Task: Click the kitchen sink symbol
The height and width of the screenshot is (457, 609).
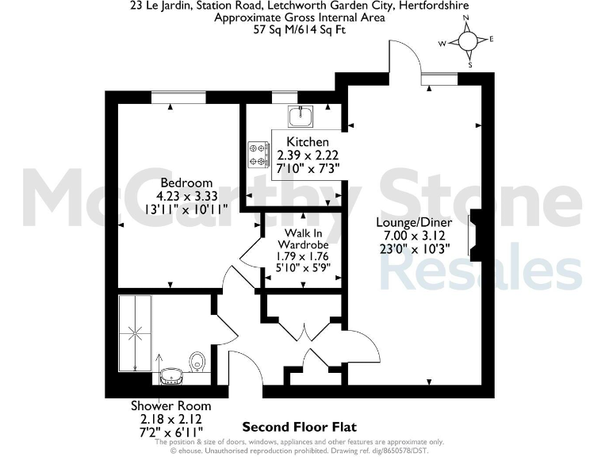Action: [301, 117]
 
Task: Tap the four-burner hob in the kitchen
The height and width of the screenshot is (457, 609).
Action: [259, 154]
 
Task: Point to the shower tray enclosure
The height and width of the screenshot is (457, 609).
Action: [134, 332]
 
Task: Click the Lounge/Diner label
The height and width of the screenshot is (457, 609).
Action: [414, 223]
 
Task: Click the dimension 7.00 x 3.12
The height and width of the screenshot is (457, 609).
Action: [414, 236]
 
